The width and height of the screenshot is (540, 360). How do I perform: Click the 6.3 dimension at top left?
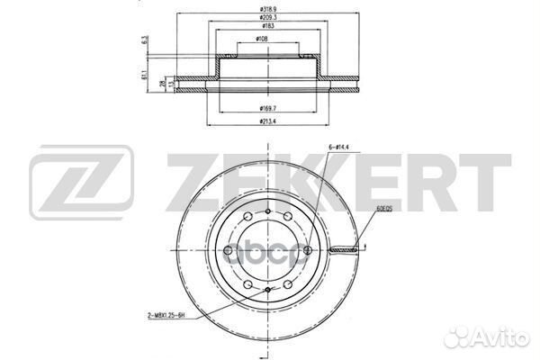tap(146, 40)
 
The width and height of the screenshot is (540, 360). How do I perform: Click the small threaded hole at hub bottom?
tap(269, 290)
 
